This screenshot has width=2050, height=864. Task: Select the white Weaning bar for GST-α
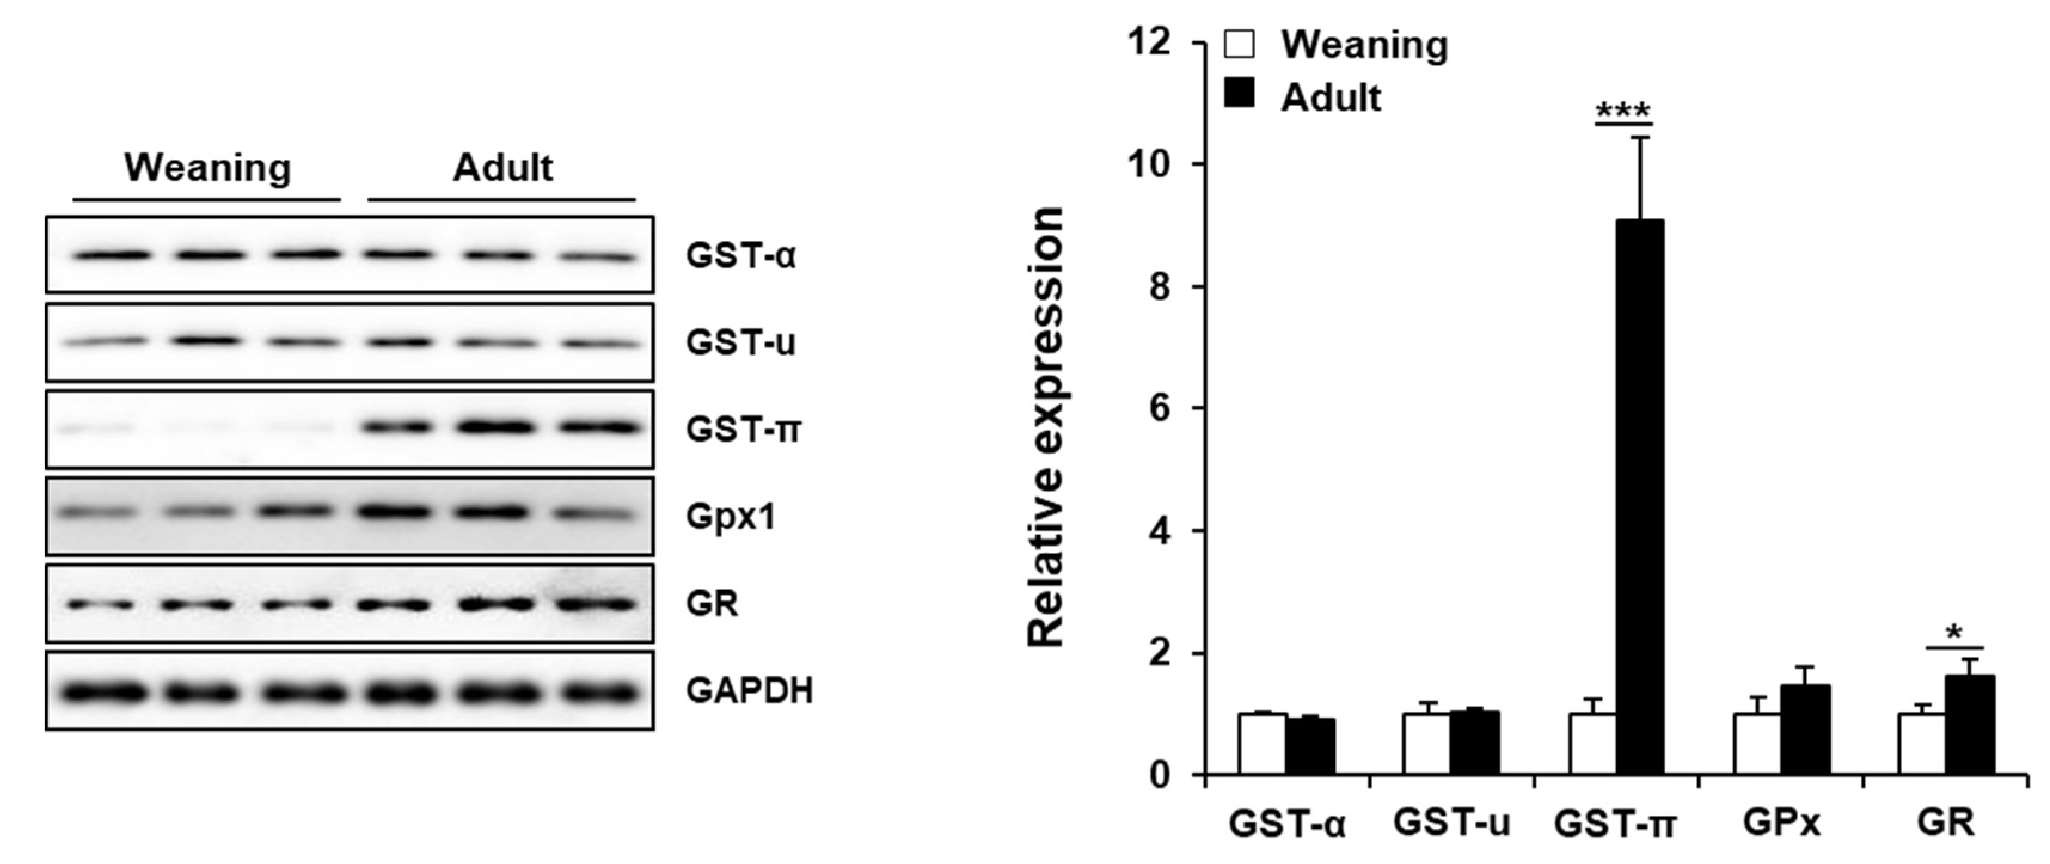coord(1262,744)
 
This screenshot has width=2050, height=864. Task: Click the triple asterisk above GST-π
coord(1623,110)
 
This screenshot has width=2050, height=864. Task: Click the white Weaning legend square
coord(1240,45)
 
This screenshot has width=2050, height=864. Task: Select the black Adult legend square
coord(1240,94)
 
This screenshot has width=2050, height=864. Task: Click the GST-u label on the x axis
coord(1451,823)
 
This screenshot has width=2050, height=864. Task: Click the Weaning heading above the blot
coord(208,168)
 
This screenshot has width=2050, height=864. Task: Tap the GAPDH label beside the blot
coord(749,691)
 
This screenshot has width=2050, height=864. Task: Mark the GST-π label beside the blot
coord(743,430)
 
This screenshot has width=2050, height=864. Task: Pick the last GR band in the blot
coord(597,605)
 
